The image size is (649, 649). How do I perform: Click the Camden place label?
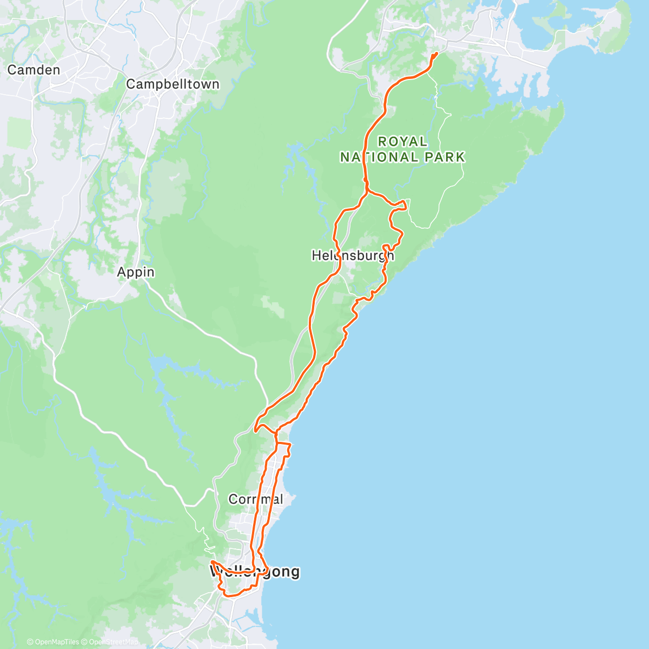[34, 70]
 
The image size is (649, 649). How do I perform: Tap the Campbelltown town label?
[173, 84]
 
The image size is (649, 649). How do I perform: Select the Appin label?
[136, 272]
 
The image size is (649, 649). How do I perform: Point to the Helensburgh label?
[353, 255]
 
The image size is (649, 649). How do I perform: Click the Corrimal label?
[255, 499]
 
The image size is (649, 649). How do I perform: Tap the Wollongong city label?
[254, 572]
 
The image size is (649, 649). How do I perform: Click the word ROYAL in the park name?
[402, 142]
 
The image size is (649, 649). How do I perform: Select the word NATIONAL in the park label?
[379, 157]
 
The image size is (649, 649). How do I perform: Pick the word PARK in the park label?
[445, 157]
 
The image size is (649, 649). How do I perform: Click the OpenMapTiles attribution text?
[56, 642]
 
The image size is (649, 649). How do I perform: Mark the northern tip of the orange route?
[436, 53]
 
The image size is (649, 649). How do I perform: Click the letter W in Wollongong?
[216, 572]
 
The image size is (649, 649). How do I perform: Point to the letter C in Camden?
[12, 70]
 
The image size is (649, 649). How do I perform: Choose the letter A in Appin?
[122, 272]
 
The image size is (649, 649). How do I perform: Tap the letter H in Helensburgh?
[317, 255]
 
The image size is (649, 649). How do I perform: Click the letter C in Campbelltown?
[131, 84]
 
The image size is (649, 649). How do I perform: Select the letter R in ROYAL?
[382, 142]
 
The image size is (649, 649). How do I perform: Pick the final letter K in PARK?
[460, 157]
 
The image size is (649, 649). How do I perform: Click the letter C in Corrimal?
[233, 499]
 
